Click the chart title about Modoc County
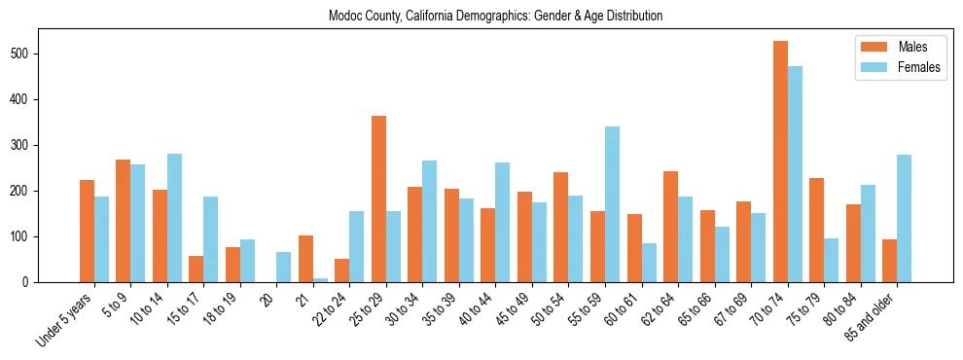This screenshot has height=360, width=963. click(x=496, y=17)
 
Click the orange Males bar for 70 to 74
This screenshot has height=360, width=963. click(x=780, y=162)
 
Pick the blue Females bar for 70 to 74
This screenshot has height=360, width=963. click(x=795, y=174)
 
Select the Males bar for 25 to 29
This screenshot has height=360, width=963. click(x=378, y=199)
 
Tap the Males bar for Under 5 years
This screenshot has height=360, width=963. click(x=87, y=232)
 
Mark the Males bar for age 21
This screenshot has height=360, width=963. click(x=305, y=259)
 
